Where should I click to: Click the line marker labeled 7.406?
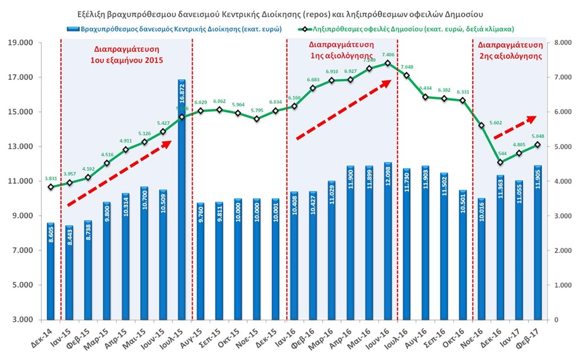pos(387,63)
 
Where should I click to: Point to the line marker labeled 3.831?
pos(51,186)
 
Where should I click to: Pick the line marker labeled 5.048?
pos(538,145)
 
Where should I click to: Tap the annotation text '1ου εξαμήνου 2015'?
pos(127,60)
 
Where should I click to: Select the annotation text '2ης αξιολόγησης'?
pos(510,56)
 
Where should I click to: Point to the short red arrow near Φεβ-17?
pos(514,127)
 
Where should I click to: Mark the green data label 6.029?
pos(200,102)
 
